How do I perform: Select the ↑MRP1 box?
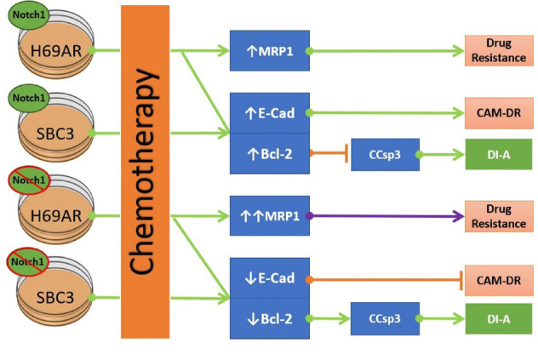270,50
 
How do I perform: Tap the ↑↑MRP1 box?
270,215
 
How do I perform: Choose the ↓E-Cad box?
270,277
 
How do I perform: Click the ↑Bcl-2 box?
270,153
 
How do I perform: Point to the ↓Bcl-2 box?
270,318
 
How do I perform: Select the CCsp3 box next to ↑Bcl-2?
385,154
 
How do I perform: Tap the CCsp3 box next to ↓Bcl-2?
385,319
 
